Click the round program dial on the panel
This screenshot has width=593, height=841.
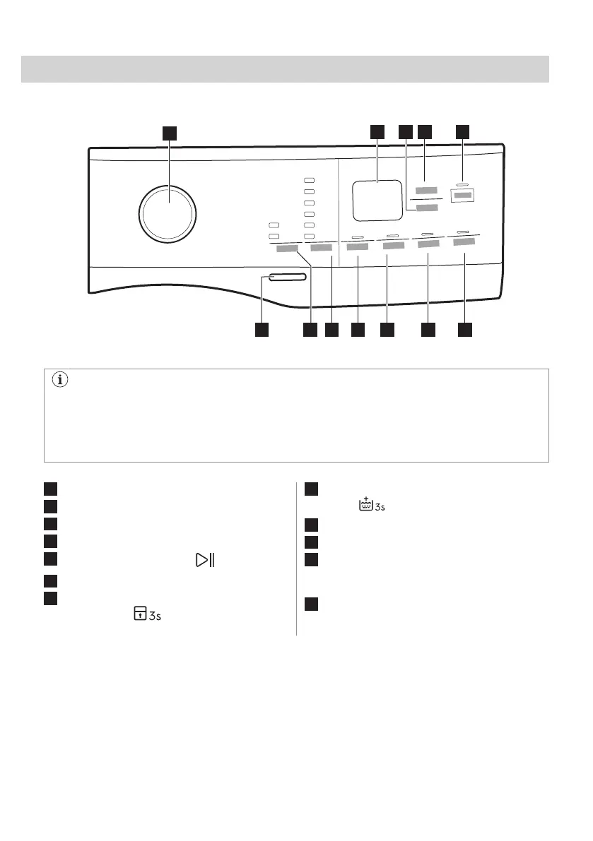(x=168, y=213)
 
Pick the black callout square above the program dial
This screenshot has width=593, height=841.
(x=169, y=133)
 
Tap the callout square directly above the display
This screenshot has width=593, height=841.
(x=376, y=131)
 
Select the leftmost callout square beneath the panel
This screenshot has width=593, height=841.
(x=262, y=330)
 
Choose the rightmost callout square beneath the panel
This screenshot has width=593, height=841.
(x=464, y=330)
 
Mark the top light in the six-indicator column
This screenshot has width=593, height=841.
(x=308, y=180)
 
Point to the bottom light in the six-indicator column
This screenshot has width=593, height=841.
(x=308, y=235)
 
